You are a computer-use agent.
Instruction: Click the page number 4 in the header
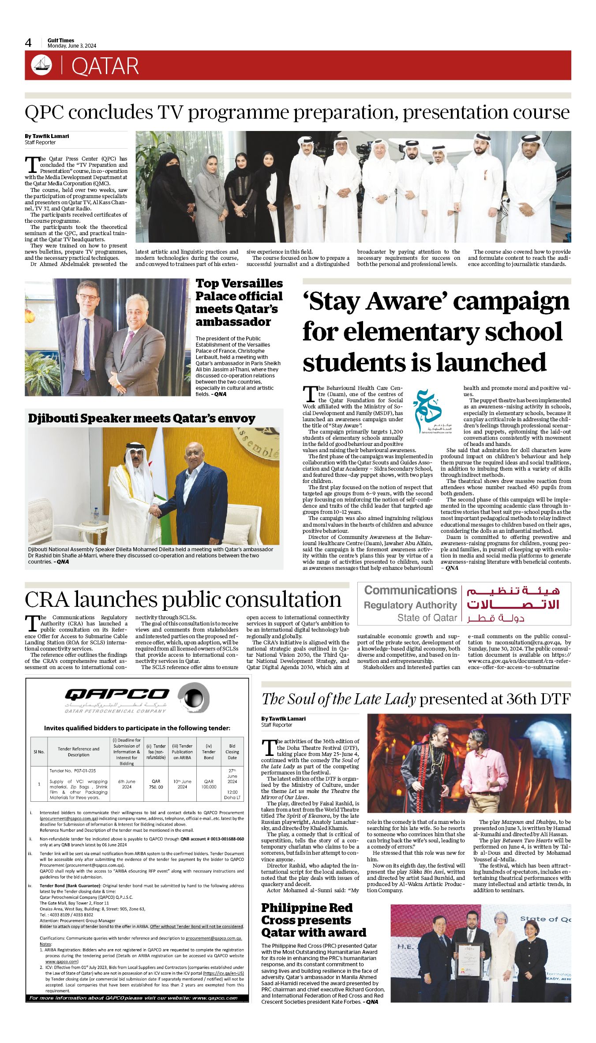pyautogui.click(x=28, y=43)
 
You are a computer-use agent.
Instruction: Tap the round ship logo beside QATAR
pyautogui.click(x=41, y=65)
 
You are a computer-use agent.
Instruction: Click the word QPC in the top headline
pyautogui.click(x=44, y=112)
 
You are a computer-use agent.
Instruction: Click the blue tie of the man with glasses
pyautogui.click(x=87, y=348)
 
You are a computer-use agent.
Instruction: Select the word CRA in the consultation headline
pyautogui.click(x=47, y=600)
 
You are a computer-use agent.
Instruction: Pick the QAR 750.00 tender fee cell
pyautogui.click(x=156, y=784)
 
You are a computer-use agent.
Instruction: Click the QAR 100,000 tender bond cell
pyautogui.click(x=209, y=784)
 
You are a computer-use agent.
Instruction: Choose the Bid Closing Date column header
pyautogui.click(x=232, y=751)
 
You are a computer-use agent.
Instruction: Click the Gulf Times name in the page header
pyautogui.click(x=61, y=40)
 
